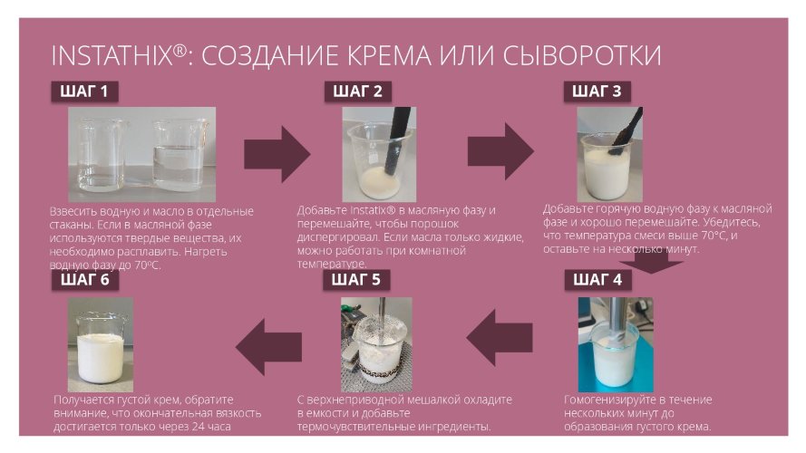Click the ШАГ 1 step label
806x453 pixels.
(84, 92)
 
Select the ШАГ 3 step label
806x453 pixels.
(597, 92)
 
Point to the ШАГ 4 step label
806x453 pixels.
(597, 280)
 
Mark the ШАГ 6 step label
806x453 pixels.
(84, 280)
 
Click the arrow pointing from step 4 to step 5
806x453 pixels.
(499, 338)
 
